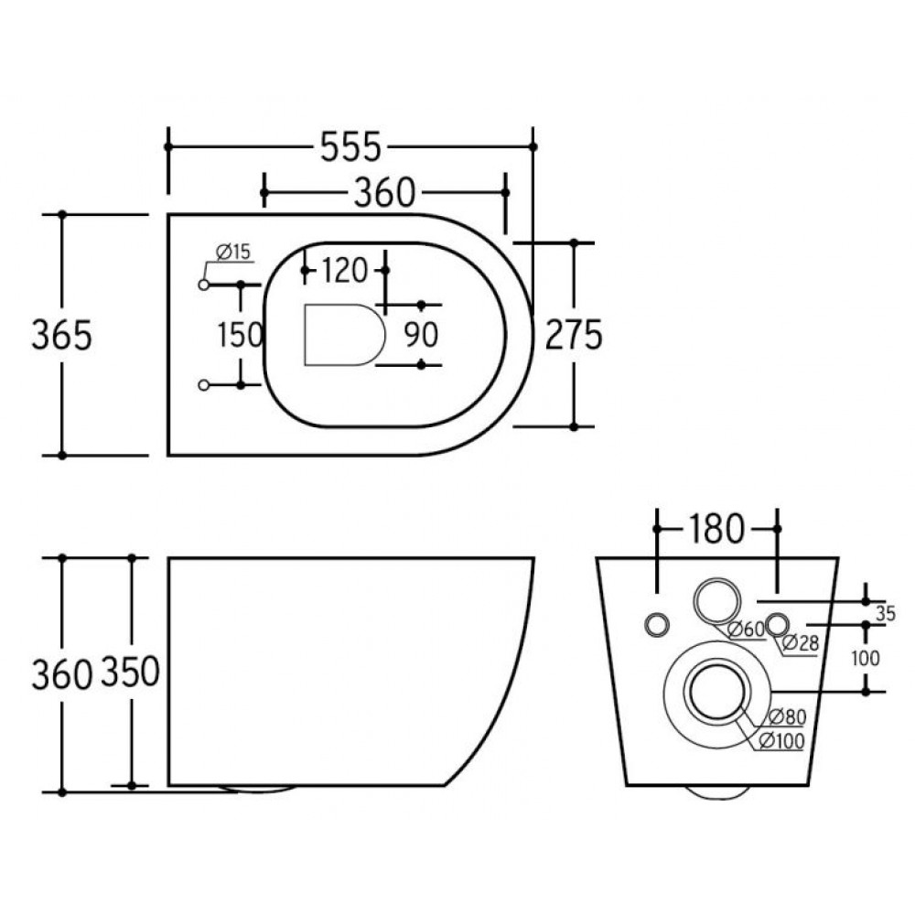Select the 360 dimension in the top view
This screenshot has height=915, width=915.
click(384, 192)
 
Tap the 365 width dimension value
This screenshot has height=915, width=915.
click(62, 335)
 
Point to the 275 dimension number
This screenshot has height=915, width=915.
click(574, 335)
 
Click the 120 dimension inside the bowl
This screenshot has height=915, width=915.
click(344, 270)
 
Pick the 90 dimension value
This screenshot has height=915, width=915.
click(421, 335)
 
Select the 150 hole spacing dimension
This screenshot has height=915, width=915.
click(241, 335)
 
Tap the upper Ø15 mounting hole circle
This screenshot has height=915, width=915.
click(204, 285)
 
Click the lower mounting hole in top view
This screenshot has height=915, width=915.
click(204, 384)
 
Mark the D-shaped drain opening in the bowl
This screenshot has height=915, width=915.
click(341, 334)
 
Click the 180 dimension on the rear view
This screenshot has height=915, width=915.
click(717, 529)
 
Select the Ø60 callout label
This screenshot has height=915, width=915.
click(747, 629)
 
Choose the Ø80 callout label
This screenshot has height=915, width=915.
click(786, 716)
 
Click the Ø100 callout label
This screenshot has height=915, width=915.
click(780, 742)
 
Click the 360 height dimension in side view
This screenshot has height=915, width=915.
click(62, 674)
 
